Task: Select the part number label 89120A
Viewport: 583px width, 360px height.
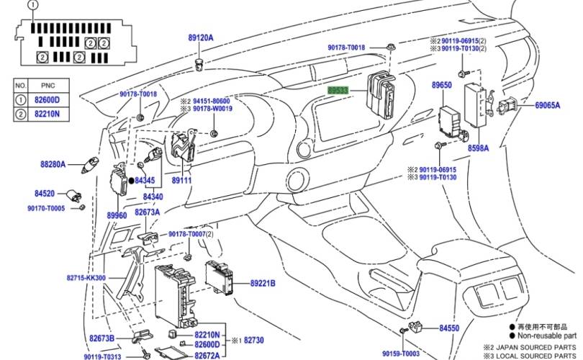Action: (x=201, y=37)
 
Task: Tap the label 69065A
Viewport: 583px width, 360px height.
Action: (x=547, y=105)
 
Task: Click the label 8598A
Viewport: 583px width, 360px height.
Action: (x=478, y=148)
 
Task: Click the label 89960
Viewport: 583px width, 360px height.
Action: (x=117, y=215)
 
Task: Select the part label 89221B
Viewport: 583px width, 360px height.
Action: (x=263, y=284)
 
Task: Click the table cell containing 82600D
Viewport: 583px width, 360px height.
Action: (x=48, y=99)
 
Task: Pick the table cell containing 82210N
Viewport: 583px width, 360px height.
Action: (x=48, y=114)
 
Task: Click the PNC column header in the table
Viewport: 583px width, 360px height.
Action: (x=48, y=85)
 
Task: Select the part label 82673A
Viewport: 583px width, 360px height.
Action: (x=147, y=212)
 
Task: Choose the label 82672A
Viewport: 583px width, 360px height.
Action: (x=208, y=356)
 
